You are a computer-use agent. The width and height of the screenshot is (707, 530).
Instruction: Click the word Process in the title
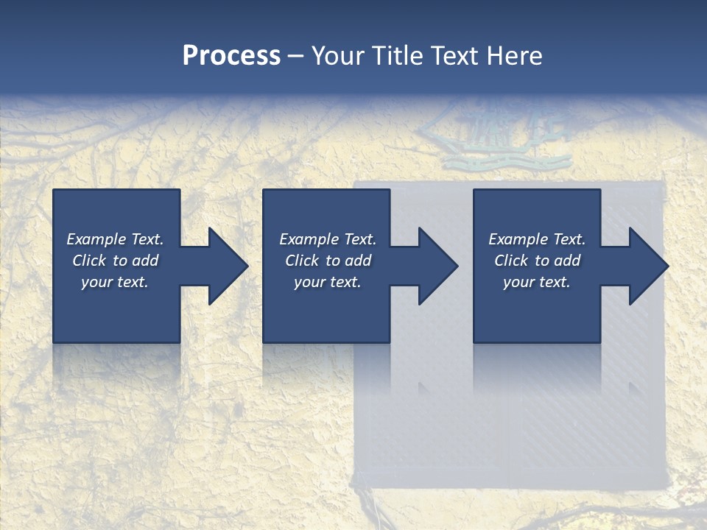click(x=231, y=56)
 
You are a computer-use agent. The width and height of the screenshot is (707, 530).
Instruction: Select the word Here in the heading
click(x=514, y=56)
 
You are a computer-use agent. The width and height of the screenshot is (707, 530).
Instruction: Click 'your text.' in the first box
click(x=115, y=282)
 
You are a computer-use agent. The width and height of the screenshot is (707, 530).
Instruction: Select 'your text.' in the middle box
click(x=327, y=282)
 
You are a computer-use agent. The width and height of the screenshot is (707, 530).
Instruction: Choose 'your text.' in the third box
click(x=536, y=282)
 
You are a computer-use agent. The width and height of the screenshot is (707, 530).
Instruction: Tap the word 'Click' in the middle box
click(x=302, y=261)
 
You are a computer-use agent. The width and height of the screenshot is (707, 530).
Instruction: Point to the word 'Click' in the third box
click(x=511, y=261)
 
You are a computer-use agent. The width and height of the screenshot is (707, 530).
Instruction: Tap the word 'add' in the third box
click(x=568, y=261)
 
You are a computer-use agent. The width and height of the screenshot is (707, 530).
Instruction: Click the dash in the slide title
click(x=295, y=56)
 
